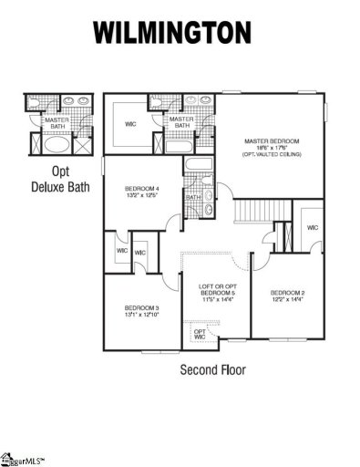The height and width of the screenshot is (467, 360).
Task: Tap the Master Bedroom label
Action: coord(272,141)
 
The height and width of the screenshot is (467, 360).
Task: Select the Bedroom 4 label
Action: coord(141,189)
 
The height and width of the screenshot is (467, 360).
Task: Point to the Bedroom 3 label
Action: coord(141,308)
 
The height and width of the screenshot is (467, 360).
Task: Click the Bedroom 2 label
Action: coord(287,292)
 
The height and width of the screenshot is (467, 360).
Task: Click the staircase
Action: coord(254,216)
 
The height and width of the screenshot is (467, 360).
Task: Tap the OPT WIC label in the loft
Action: coord(200,334)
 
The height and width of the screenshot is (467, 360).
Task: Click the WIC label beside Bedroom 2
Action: coord(313,228)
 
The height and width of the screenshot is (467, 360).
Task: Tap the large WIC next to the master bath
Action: coord(131,124)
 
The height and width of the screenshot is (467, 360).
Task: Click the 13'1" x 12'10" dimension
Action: coord(141,315)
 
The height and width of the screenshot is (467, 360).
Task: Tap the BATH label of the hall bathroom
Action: coord(193,197)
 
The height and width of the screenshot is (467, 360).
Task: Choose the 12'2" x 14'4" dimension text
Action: coord(287,298)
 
